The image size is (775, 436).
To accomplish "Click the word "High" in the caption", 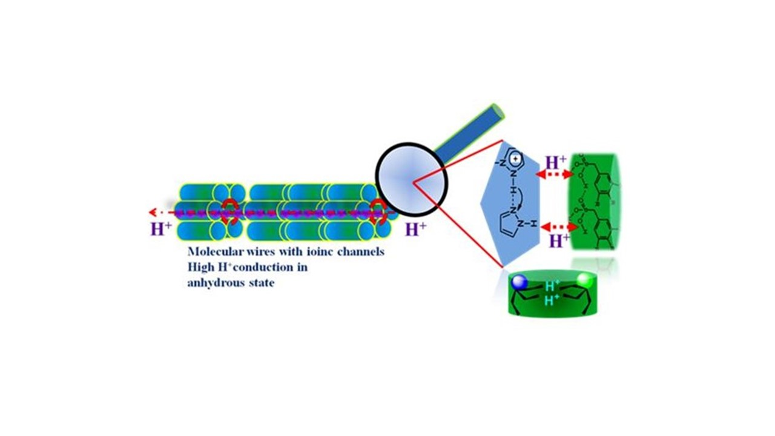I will tap(200, 268).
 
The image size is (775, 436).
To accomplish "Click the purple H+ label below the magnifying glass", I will tap(415, 230).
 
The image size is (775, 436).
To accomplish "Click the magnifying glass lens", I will tap(412, 179).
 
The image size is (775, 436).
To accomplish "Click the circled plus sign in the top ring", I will tap(515, 159).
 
